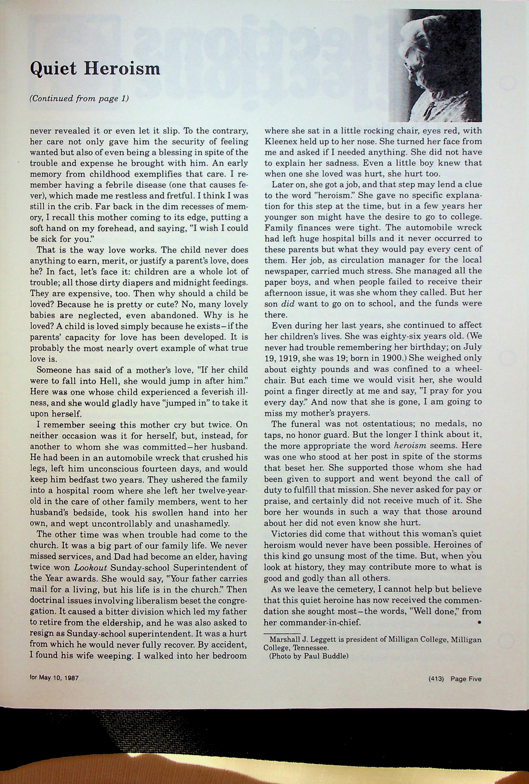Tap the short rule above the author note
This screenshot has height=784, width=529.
[282, 633]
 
